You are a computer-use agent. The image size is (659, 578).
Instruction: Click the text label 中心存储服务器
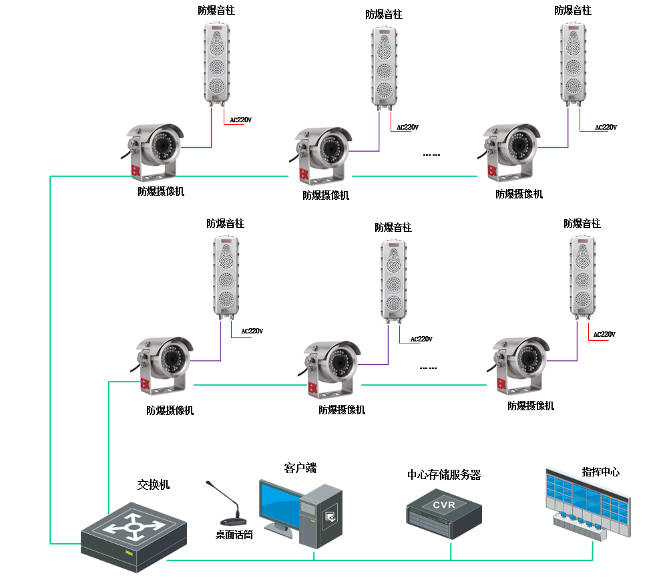coord(444,475)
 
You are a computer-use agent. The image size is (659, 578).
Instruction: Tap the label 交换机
coord(154,484)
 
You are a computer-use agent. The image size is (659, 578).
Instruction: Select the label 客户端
coord(300,468)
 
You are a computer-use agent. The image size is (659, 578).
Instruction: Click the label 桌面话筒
coord(234,535)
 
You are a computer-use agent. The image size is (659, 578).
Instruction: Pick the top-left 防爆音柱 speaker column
coord(217,63)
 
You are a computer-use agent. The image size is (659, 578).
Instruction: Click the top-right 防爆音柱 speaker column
coord(573,63)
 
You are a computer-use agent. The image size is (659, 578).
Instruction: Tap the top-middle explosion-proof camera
coord(323,154)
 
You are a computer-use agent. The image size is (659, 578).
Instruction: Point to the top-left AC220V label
coord(240,120)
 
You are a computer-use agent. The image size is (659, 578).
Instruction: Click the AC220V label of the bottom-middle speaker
coord(421,339)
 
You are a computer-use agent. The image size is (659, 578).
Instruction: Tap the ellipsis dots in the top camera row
coord(431,155)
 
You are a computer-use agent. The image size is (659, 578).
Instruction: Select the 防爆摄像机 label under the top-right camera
coord(519,194)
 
